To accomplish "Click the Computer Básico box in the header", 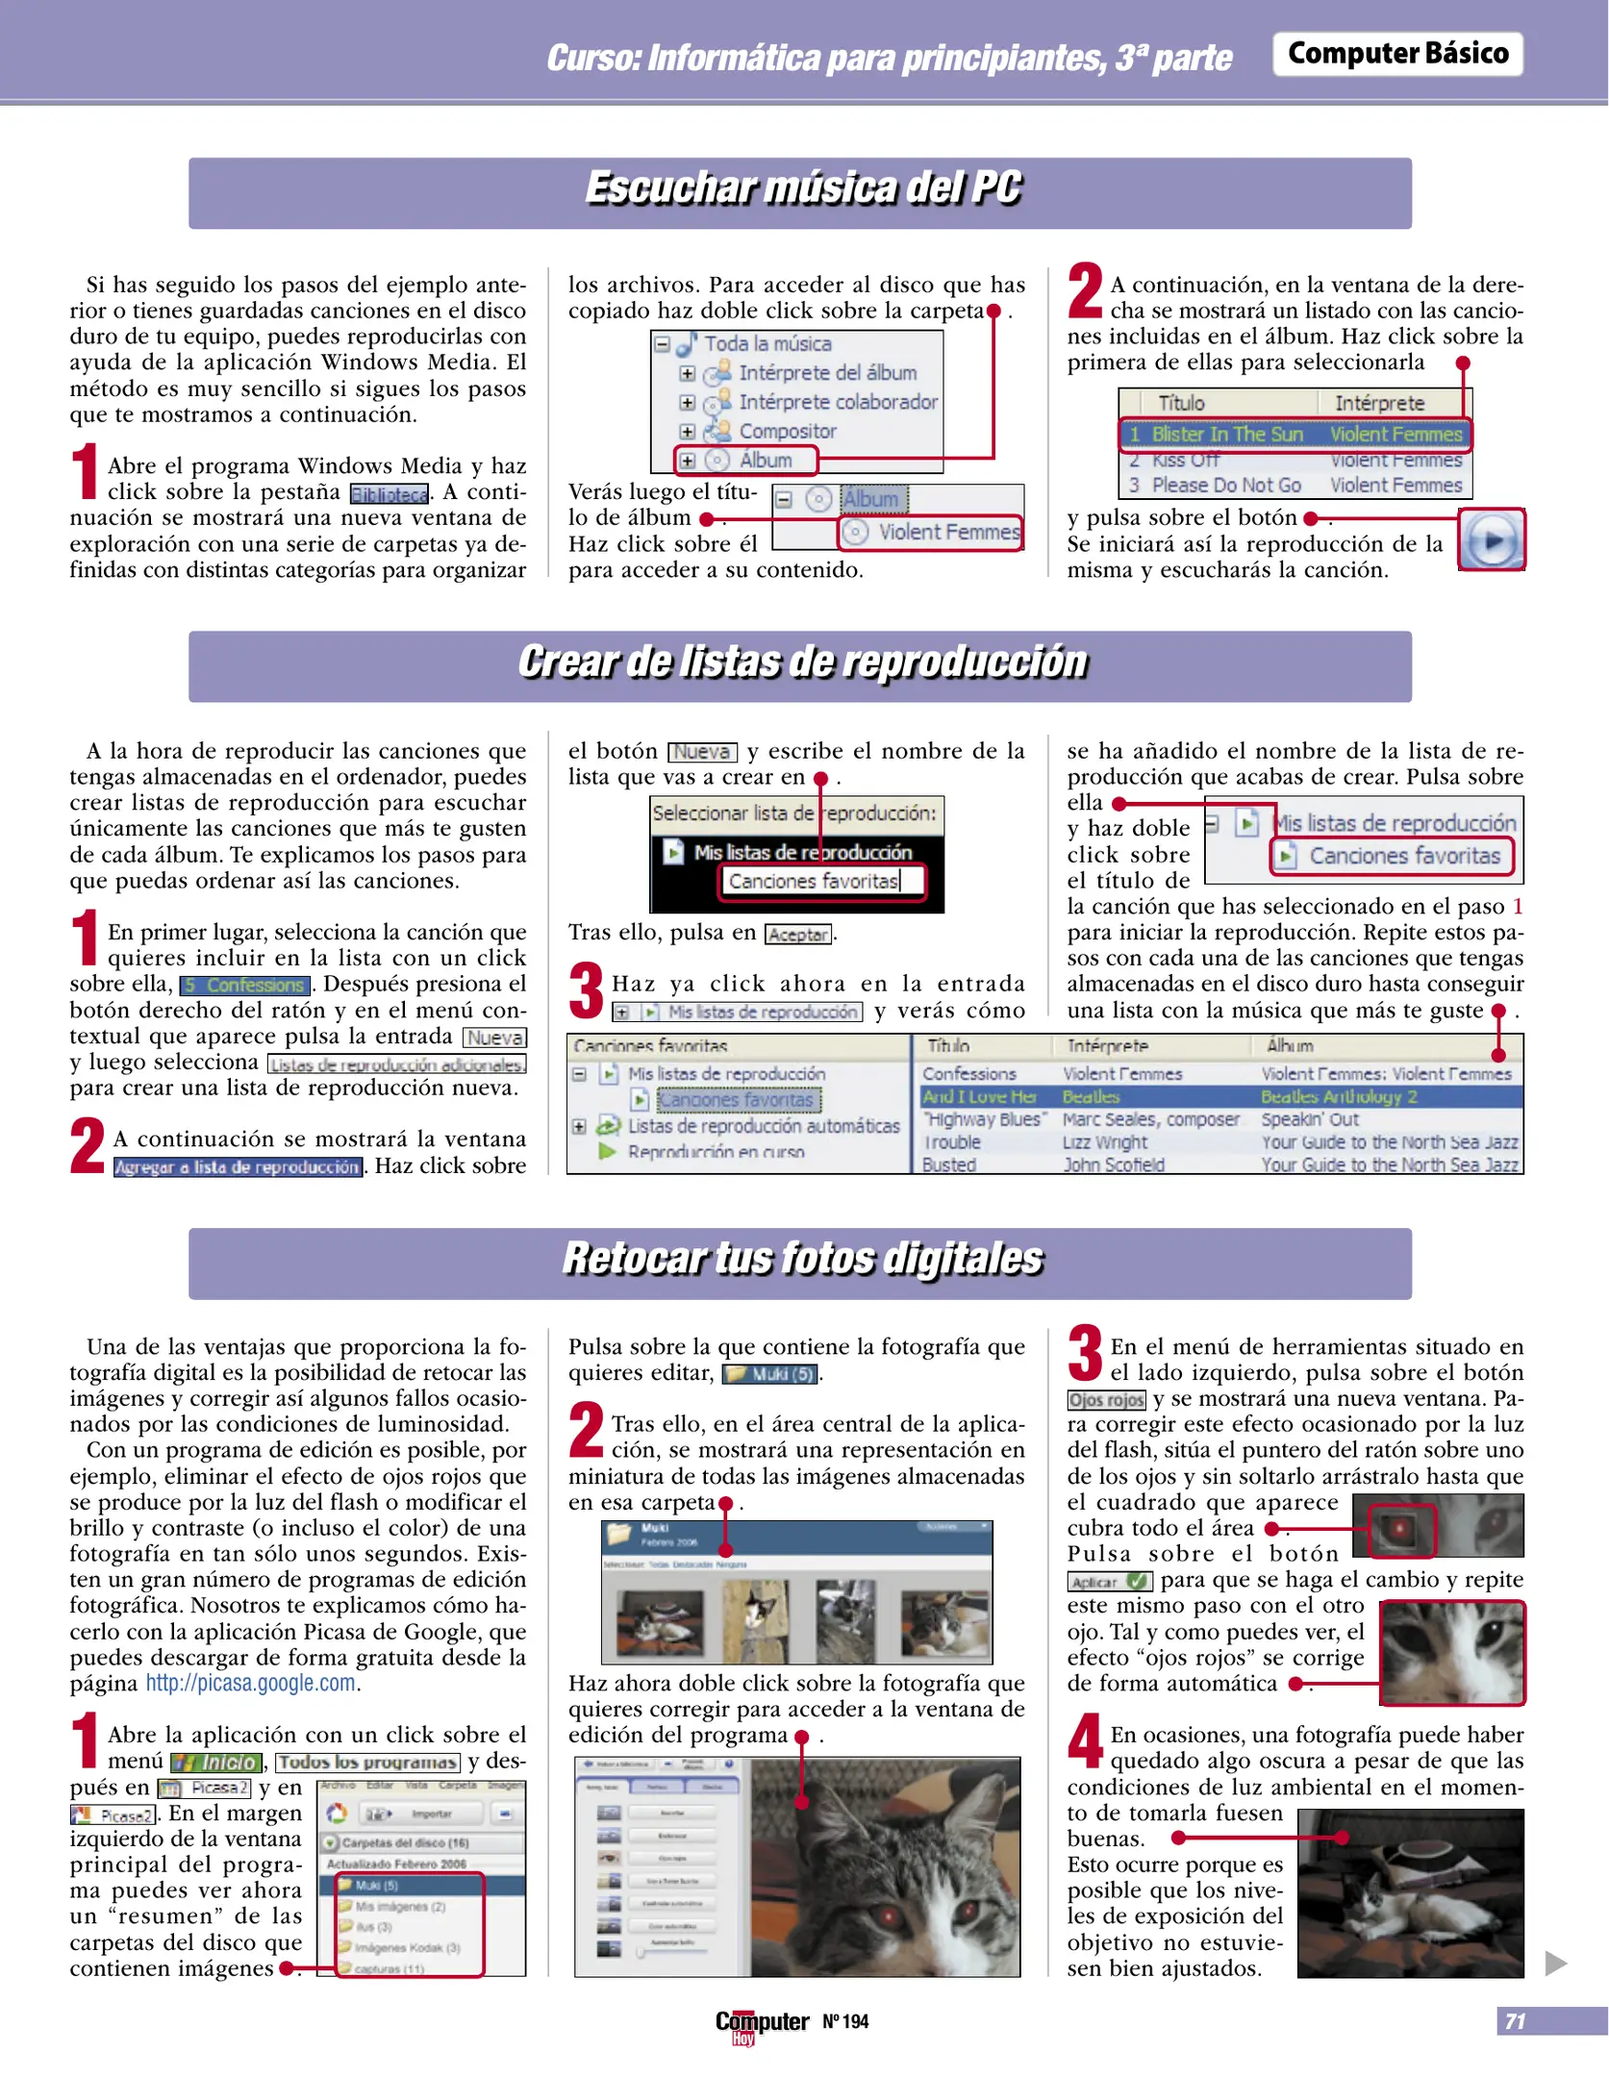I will (1396, 54).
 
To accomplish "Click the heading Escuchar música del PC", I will (802, 188).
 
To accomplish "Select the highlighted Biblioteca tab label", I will (389, 494).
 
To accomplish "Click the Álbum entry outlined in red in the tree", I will (747, 461).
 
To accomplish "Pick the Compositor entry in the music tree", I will (786, 432).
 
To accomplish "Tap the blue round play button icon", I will (1491, 540).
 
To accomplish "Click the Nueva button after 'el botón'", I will (702, 752).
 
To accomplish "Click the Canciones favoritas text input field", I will (821, 881).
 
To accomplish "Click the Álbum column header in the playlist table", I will (1290, 1045).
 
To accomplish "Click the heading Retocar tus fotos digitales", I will (802, 1259).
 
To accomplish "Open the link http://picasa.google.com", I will (251, 1683).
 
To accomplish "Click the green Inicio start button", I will (216, 1763).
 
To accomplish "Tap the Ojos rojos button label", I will (1106, 1400).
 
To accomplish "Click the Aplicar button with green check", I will (1109, 1582).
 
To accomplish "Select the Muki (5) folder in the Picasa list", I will (377, 1885).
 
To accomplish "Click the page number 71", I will (1515, 2021).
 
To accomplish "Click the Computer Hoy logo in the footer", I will (761, 2024).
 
